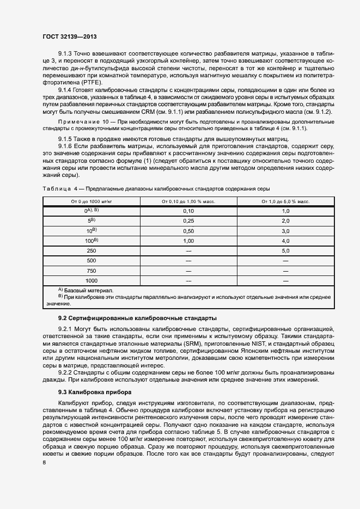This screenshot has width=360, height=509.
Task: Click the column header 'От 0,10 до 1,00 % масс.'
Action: [x=188, y=201]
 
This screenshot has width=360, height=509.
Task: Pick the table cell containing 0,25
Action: [x=188, y=221]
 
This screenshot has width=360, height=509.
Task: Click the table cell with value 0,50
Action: [x=188, y=231]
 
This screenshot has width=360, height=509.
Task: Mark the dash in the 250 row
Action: [x=188, y=250]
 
